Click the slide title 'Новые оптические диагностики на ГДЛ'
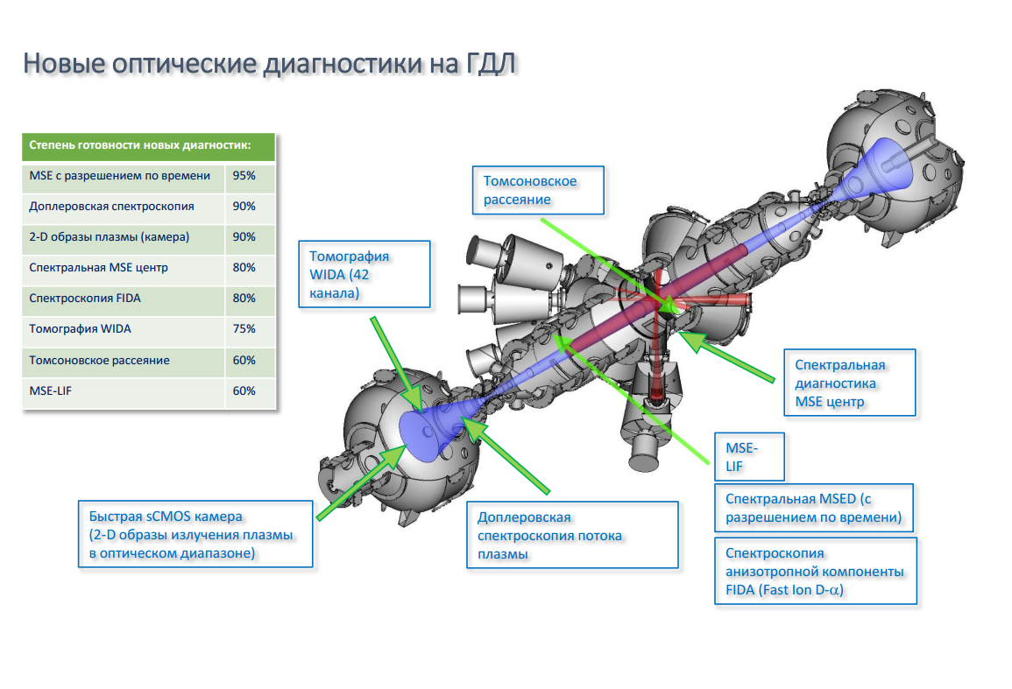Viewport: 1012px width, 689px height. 270,64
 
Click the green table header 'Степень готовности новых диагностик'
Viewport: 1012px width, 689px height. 140,145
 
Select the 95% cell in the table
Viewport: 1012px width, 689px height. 244,175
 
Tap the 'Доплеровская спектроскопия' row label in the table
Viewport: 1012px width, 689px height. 111,207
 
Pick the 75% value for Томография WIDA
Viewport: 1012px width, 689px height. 244,329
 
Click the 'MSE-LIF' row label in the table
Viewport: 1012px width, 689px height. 50,391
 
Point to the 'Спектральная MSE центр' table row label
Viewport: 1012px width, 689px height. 98,268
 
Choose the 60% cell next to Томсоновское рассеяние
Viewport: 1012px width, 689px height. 244,360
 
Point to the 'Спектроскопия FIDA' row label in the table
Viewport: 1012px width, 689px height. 84,299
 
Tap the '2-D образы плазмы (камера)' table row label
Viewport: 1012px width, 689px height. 109,236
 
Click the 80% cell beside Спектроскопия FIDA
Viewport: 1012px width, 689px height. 244,298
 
